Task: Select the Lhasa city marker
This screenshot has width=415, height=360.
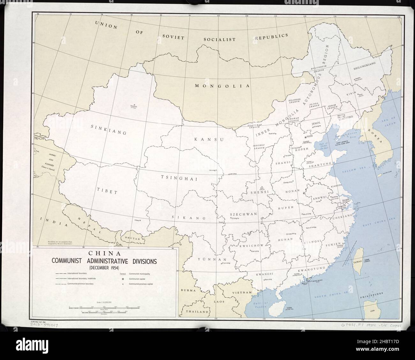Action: [x=140, y=220]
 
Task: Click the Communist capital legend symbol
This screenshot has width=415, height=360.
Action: [x=123, y=278]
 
